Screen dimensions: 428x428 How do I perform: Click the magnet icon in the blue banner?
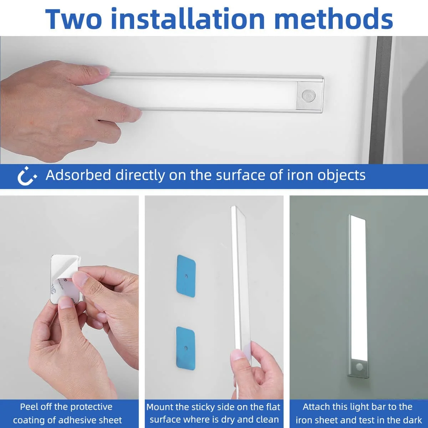click(27, 175)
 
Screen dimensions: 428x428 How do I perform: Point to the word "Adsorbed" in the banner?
click(78, 175)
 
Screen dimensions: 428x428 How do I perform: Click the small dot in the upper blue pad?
click(187, 276)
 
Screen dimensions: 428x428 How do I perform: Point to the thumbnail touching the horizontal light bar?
click(103, 70)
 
